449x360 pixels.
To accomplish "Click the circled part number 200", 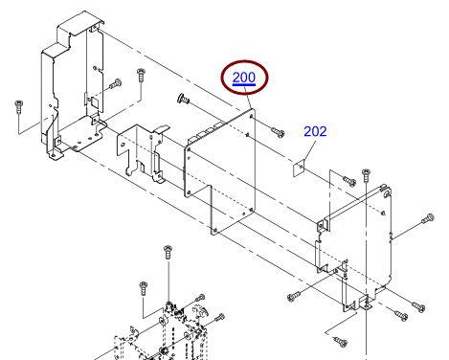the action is pos(244,78).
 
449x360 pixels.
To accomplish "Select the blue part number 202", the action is pos(315,131).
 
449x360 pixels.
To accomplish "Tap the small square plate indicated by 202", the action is pos(299,169).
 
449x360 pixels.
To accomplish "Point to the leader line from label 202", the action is pos(310,150).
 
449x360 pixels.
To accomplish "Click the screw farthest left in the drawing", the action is pos(19,106).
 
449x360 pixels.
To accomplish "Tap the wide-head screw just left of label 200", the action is pos(183,99).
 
